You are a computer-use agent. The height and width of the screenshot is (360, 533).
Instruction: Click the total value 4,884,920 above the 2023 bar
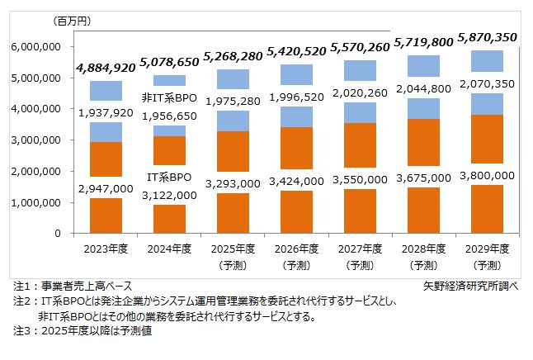click(106, 68)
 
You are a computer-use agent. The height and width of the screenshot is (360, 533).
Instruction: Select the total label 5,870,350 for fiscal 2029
click(488, 37)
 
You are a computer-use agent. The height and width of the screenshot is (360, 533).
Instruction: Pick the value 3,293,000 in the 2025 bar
click(233, 186)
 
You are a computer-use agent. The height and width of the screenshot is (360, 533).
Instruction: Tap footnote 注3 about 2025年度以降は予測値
click(82, 331)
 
